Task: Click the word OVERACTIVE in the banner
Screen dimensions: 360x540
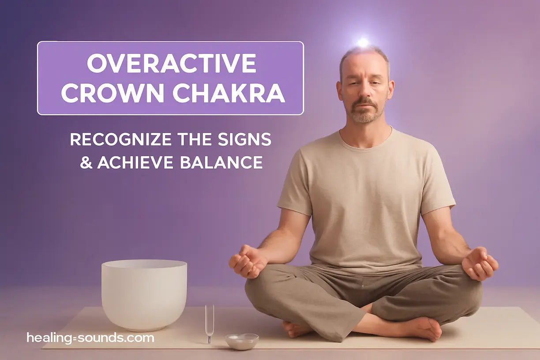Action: click(171, 63)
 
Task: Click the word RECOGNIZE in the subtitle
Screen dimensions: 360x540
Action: click(120, 139)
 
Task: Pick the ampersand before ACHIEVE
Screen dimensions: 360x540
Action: click(86, 162)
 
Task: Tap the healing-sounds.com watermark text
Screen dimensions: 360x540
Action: click(90, 338)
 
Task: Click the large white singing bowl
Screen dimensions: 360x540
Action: click(144, 293)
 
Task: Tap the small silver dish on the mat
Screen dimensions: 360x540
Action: click(241, 341)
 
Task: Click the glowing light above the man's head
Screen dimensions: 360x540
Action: click(363, 42)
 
